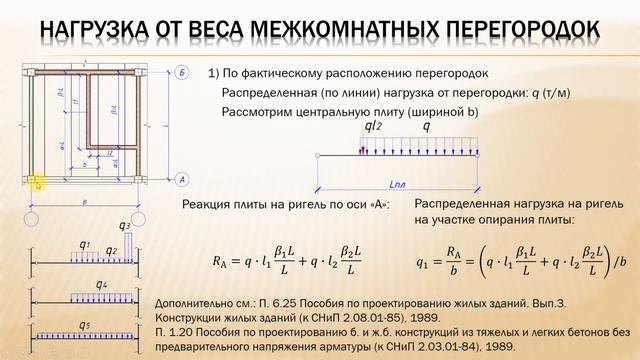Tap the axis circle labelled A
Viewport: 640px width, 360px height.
pyautogui.click(x=181, y=179)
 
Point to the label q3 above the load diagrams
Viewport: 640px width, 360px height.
pyautogui.click(x=124, y=228)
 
